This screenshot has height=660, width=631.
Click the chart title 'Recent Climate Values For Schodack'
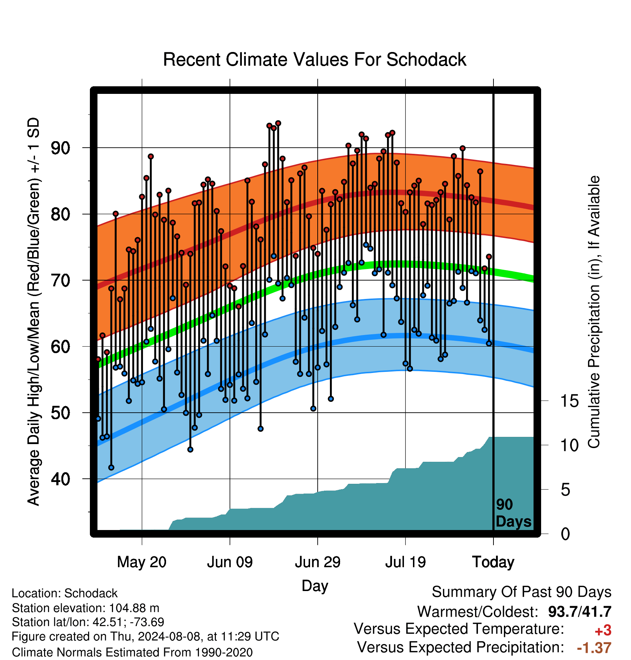pos(314,60)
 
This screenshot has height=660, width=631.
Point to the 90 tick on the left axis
pos(60,148)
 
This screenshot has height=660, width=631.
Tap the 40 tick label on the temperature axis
pos(60,479)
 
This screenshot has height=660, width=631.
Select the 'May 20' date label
pos(142,562)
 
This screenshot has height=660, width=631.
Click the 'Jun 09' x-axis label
pos(230,562)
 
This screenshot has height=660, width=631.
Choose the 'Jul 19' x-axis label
pos(405,562)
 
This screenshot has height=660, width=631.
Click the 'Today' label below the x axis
pos(493,563)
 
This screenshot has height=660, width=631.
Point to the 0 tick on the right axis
pos(565,534)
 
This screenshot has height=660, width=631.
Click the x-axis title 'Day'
pos(315,586)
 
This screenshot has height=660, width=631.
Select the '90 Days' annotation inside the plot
pos(513,513)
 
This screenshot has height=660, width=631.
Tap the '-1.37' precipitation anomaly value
pos(594,648)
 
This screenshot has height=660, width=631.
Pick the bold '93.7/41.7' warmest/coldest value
pos(580,612)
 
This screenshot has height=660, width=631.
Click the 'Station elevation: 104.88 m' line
pos(86,608)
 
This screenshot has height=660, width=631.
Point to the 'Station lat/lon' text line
pos(88,622)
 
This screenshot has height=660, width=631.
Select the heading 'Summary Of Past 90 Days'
pos(522,592)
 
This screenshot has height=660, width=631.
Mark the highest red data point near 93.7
pos(278,123)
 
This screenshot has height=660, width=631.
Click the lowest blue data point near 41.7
pos(111,468)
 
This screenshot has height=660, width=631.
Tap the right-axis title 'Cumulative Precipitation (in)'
pos(594,312)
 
